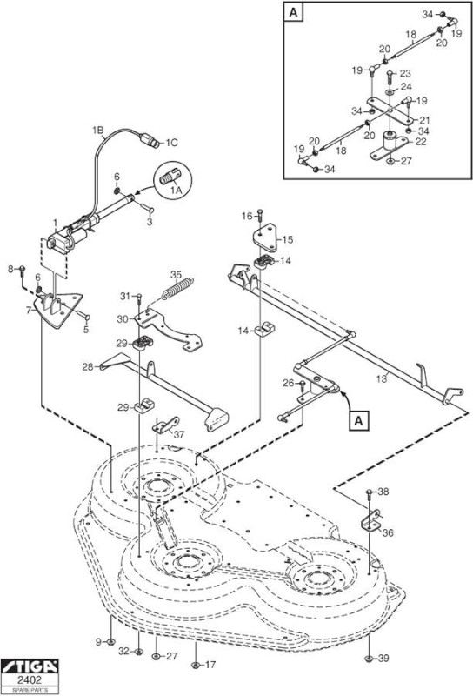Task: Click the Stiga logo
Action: [30, 666]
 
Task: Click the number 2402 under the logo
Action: [30, 680]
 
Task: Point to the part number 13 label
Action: [382, 378]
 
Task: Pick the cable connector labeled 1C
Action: [150, 140]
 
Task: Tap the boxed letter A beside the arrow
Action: [358, 420]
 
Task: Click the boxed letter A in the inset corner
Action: [293, 12]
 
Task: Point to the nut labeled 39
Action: [369, 659]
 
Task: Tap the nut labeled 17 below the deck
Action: [195, 665]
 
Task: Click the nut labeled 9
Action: [110, 641]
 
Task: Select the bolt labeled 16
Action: [261, 216]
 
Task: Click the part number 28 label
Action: [88, 366]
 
